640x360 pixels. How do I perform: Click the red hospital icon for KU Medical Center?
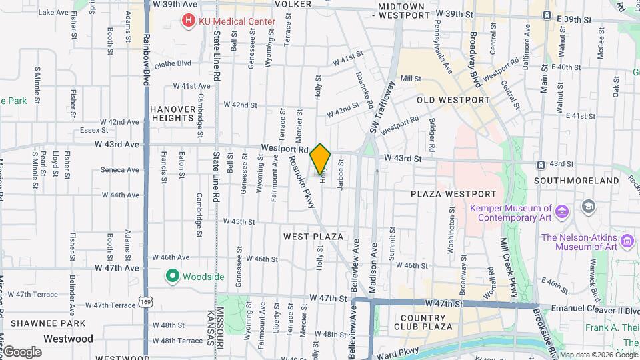189,21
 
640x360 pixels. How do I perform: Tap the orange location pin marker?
321,159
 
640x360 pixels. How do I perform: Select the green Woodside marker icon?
172,276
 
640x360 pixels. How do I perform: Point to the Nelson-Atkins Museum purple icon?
627,240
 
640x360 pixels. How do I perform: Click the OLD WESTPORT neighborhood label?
453,100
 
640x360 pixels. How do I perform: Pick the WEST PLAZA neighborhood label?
313,237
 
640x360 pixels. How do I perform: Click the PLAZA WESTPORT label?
453,194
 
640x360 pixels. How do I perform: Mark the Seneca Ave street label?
120,170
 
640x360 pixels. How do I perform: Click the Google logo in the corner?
22,351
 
